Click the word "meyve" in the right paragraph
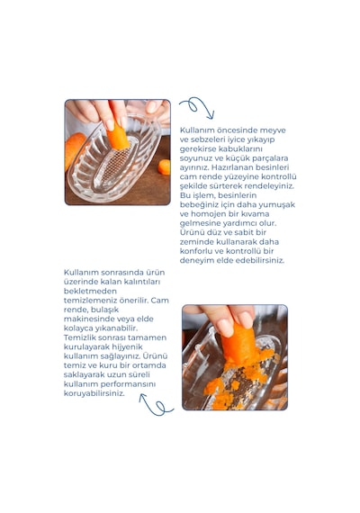pyautogui.click(x=273, y=130)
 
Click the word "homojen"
pyautogui.click(x=209, y=214)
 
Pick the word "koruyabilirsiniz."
pyautogui.click(x=94, y=393)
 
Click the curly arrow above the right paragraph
pyautogui.click(x=197, y=106)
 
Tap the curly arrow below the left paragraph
pyautogui.click(x=156, y=405)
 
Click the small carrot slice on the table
pyautogui.click(x=165, y=166)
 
